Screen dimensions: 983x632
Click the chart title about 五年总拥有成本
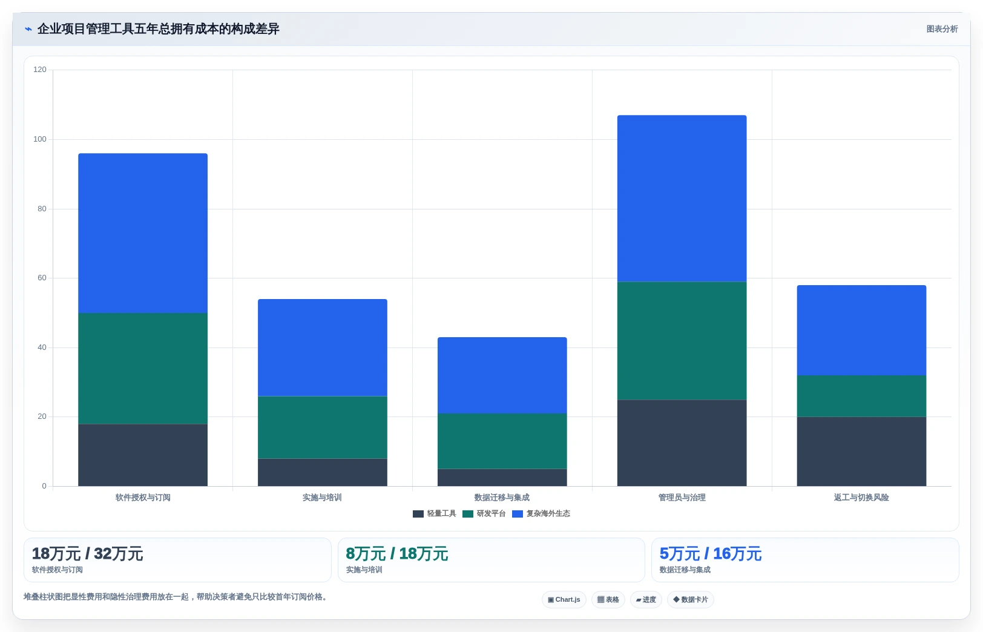159,29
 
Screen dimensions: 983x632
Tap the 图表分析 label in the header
942,29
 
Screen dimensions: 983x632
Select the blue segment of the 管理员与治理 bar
682,199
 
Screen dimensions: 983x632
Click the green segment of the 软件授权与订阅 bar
143,368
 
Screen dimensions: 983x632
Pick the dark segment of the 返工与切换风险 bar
861,451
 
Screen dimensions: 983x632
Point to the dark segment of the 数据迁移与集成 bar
502,478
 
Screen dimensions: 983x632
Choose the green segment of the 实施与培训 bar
323,427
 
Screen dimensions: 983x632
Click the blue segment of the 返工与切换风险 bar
861,330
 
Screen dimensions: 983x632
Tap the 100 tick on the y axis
40,139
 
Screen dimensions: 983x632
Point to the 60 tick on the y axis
42,278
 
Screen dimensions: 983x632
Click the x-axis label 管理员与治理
682,497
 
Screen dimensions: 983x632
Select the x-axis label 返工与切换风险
861,497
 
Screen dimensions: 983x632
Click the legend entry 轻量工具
435,513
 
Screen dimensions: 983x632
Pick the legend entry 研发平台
484,513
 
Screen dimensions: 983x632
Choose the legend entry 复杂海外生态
541,513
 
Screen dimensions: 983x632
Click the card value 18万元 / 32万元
87,554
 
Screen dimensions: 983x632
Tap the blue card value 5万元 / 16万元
711,554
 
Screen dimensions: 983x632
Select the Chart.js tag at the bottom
564,599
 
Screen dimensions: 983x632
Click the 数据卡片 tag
690,599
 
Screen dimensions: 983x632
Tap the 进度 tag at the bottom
646,599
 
